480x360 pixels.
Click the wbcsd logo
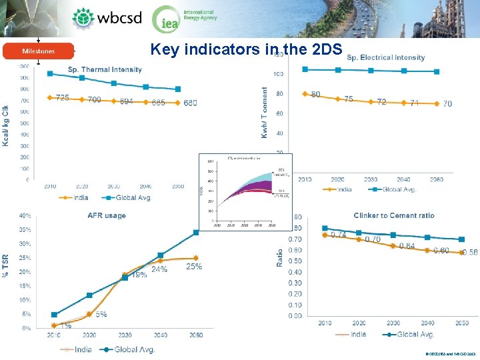pos(107,18)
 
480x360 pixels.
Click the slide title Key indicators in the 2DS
pos(246,49)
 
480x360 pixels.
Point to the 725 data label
pos(62,97)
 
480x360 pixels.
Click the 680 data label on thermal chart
pos(190,103)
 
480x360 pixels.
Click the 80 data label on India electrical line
pos(315,94)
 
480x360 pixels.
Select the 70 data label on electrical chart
pos(447,104)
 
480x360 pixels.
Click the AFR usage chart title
pos(106,215)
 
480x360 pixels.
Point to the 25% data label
pos(194,267)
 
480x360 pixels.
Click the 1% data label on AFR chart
pos(65,325)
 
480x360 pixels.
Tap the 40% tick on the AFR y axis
pos(24,215)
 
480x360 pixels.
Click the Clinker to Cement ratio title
pos(394,215)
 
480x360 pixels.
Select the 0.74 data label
pos(339,235)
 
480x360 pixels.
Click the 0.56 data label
pos(469,253)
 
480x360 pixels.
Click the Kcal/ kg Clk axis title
pos(6,125)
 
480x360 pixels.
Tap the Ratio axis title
pos(280,258)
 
